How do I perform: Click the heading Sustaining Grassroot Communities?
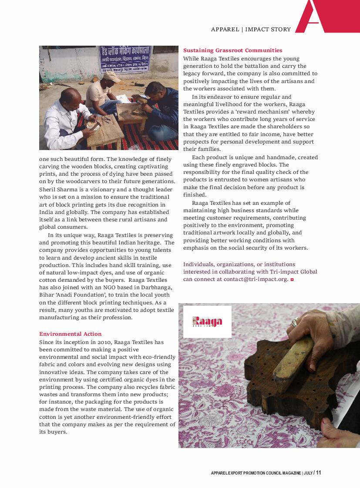232,50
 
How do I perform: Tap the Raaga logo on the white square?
207,322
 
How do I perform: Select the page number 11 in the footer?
319,473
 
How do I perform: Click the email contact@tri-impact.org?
256,279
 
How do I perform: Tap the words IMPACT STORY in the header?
268,30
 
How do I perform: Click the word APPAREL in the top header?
225,30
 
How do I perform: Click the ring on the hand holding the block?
294,322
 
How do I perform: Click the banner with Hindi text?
124,59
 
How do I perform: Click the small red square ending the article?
292,280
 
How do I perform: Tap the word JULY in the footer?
308,473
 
